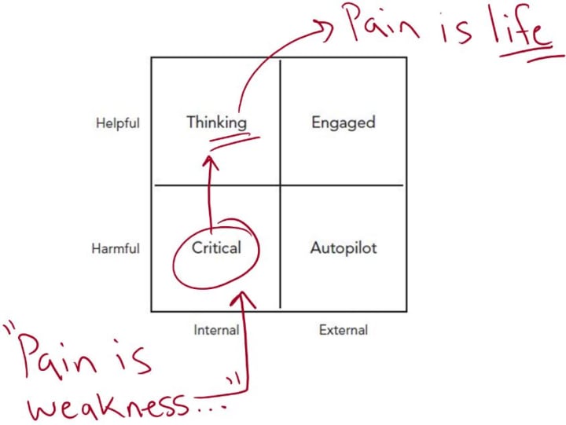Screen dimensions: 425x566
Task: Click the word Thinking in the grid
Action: (216, 123)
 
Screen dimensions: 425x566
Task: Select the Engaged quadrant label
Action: (343, 123)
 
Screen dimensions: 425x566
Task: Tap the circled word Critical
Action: (215, 247)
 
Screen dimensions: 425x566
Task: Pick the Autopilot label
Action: (343, 248)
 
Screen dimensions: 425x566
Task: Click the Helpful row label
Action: (117, 123)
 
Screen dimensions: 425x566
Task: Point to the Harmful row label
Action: (116, 249)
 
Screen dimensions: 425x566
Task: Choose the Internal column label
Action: (216, 331)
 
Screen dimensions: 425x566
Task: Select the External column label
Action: (344, 331)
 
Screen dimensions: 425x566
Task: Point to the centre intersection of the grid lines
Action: (281, 185)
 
